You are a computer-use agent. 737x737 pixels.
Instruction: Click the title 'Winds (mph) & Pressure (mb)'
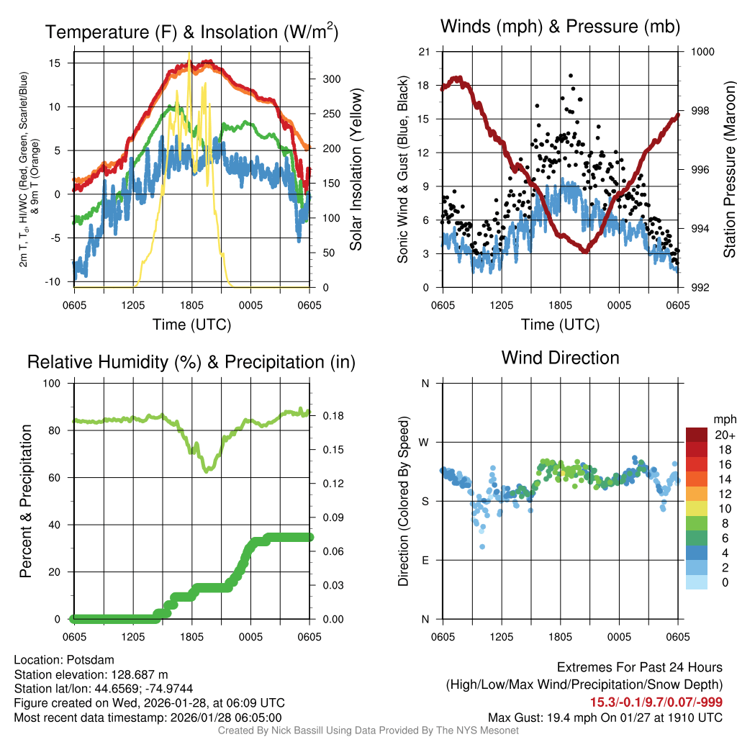click(560, 27)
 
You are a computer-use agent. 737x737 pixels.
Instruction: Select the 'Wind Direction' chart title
click(560, 358)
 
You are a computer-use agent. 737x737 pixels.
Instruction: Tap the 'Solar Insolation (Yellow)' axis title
click(356, 170)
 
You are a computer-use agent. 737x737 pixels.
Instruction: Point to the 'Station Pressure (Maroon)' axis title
click(729, 170)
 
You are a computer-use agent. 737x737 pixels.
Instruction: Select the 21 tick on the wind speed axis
click(425, 52)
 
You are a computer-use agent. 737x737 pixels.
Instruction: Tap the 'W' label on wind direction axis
click(425, 442)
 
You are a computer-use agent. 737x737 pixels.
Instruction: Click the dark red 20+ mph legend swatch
click(697, 435)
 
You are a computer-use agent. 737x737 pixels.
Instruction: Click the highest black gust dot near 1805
click(571, 75)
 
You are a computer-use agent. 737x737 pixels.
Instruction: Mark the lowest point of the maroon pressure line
click(585, 250)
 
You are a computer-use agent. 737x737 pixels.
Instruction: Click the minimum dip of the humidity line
click(207, 471)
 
